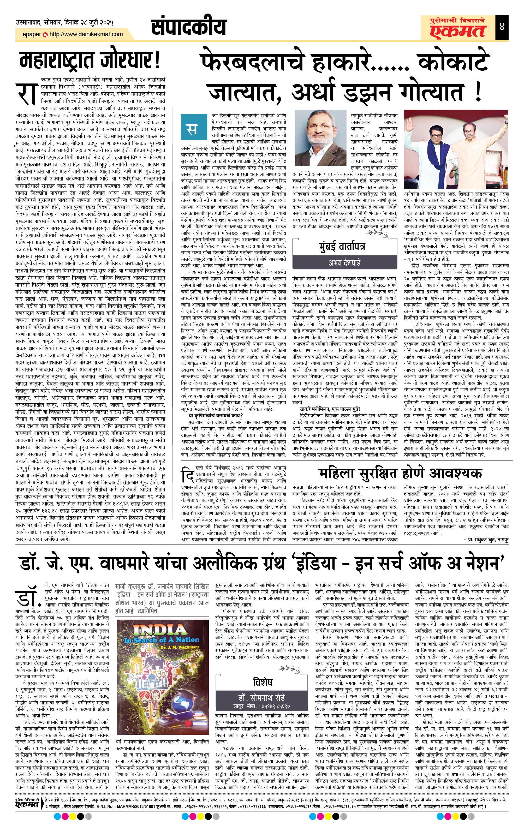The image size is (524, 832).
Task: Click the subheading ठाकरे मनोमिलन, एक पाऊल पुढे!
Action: (330, 409)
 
